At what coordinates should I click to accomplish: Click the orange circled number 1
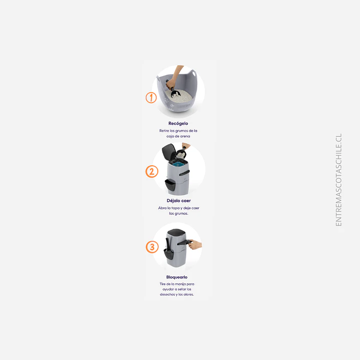(151, 98)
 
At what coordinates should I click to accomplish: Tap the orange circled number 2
(152, 172)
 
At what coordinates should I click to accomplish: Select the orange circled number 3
(152, 247)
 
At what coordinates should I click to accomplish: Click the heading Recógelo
(178, 123)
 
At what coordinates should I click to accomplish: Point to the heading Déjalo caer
(178, 200)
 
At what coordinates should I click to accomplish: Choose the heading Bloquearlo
(177, 277)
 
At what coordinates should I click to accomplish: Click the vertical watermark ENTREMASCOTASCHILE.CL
(338, 180)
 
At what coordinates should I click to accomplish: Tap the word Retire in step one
(165, 131)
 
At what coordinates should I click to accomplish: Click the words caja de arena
(179, 136)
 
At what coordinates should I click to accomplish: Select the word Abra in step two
(162, 208)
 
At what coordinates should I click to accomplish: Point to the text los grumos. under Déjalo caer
(179, 213)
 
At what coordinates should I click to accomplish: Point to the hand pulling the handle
(195, 244)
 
